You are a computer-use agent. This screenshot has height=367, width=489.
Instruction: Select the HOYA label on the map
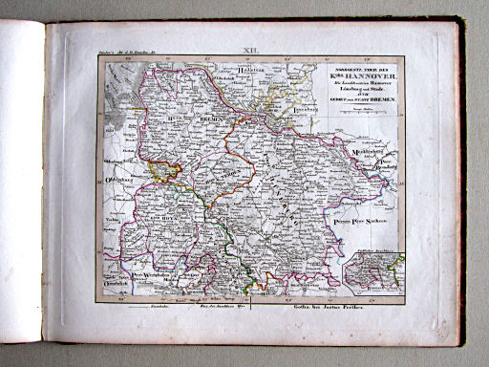point(151,225)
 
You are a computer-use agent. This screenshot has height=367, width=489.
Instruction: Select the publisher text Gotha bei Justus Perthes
point(305,307)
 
